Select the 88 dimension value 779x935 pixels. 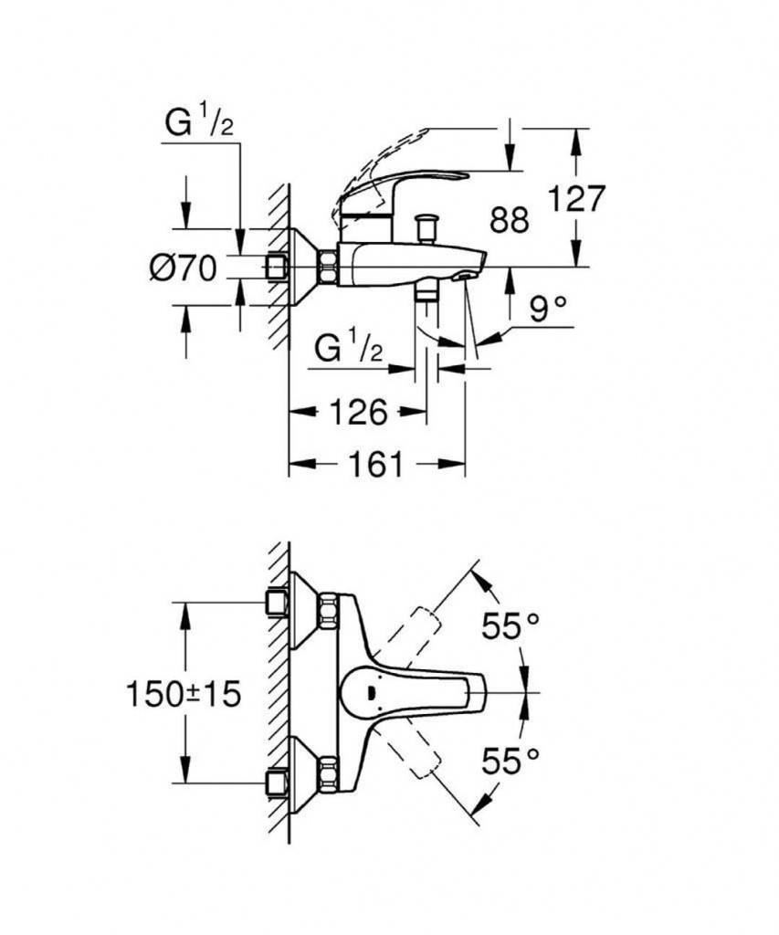(x=510, y=220)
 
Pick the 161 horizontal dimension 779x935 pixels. (x=375, y=464)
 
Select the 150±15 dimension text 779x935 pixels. (x=184, y=694)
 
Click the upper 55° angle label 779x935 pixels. (x=511, y=625)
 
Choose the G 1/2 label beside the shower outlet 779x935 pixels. (x=348, y=348)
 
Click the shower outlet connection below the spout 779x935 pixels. (x=426, y=295)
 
